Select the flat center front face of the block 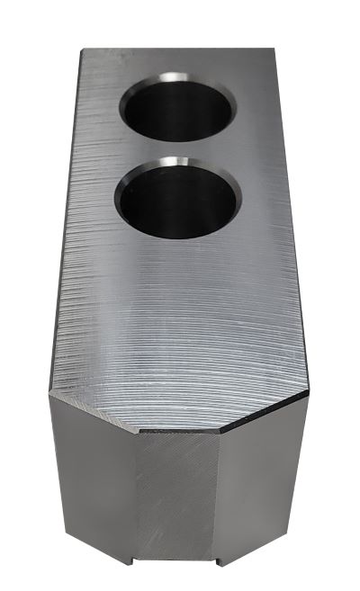(178, 504)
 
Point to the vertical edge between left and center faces (135, 504)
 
